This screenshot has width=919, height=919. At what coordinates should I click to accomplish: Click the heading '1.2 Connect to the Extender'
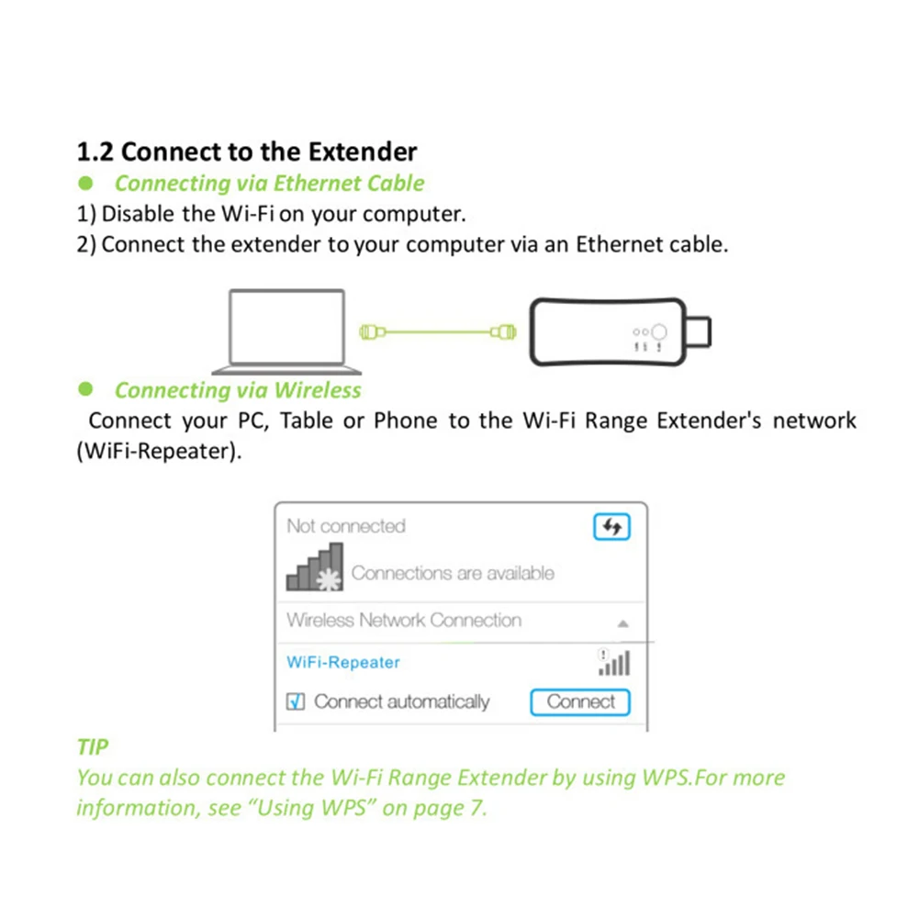(246, 151)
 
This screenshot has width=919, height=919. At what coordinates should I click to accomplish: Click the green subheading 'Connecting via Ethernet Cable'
(269, 184)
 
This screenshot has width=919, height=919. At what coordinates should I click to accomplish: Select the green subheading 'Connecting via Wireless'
(238, 390)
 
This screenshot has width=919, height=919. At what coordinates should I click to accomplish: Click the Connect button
(580, 702)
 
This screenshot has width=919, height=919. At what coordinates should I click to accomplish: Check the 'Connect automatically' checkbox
(296, 702)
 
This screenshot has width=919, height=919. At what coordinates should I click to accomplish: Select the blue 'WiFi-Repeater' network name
(343, 663)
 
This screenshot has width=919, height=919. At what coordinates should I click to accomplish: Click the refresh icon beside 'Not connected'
(612, 527)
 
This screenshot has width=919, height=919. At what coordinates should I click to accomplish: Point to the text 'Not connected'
(346, 527)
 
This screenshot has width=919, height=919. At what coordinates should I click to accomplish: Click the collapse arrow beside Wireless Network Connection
(623, 623)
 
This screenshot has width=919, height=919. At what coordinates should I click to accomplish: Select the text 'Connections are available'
(453, 574)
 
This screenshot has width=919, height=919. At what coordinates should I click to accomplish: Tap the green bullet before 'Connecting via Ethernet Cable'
(86, 184)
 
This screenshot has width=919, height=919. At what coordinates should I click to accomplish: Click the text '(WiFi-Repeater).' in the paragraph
(160, 454)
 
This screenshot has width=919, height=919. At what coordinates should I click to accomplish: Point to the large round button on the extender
(659, 331)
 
